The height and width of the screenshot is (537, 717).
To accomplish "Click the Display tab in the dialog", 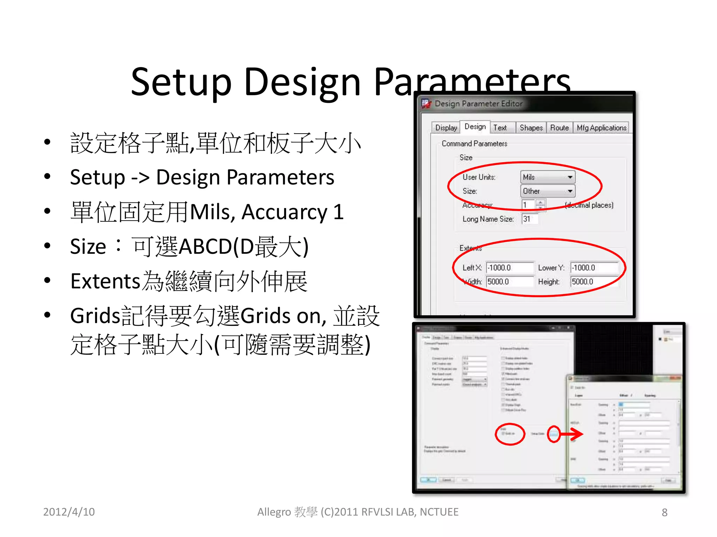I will click(x=446, y=128).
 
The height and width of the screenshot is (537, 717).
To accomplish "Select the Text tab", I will click(x=500, y=128).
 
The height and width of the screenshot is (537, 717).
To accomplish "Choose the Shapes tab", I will click(x=531, y=128).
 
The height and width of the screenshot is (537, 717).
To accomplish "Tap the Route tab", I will click(x=559, y=128).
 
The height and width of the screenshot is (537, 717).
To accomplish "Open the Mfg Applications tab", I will click(x=601, y=128).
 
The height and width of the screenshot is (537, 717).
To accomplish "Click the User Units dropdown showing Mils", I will click(x=548, y=177).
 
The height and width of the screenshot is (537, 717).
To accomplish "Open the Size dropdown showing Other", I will click(x=548, y=191).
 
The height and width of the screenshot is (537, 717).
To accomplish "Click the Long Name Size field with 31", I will click(x=530, y=219).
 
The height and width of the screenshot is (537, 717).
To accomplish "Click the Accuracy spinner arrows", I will click(x=541, y=205).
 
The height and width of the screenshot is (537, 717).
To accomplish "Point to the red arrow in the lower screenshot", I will click(x=571, y=434).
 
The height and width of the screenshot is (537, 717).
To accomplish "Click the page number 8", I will click(x=664, y=513).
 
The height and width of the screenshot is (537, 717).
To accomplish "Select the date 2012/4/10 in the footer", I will click(x=69, y=512).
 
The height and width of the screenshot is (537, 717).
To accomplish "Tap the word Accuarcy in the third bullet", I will click(x=284, y=212).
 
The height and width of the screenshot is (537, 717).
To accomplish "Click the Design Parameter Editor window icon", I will click(x=426, y=103).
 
